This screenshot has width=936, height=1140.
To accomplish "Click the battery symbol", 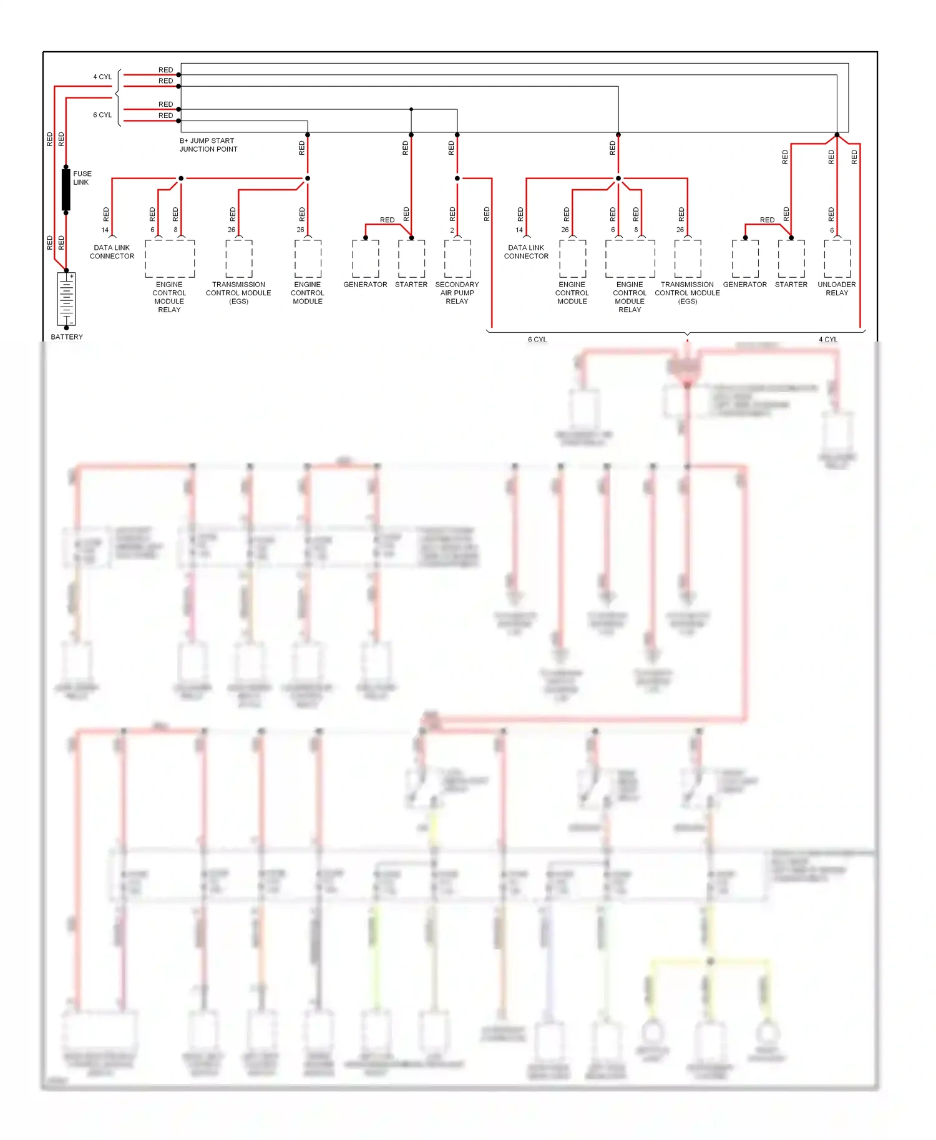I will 66,299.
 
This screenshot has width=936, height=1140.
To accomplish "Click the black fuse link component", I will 66,189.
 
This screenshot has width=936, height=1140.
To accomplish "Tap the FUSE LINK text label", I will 82,178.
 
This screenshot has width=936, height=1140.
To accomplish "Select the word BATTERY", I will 67,337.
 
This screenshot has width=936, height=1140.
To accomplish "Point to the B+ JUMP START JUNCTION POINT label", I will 208,145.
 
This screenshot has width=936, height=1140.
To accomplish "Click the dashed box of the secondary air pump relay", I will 457,259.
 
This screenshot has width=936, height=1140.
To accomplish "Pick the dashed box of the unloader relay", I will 837,259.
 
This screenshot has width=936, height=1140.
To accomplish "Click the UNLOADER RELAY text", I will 837,288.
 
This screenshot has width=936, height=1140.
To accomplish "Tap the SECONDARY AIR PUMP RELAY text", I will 457,293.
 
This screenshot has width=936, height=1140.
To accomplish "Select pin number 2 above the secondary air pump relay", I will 452,230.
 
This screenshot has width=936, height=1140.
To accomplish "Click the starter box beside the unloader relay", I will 791,259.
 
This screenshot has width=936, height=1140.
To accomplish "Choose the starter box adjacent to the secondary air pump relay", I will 411,259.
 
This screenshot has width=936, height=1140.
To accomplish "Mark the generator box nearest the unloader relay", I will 745,259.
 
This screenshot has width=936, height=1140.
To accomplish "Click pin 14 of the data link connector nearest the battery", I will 105,230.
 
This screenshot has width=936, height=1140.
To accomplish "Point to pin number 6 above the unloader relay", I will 832,230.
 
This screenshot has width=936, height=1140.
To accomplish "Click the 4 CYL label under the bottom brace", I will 828,340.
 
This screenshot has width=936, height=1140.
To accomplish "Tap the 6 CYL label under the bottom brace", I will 537,340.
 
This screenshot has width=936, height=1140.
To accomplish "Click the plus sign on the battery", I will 72,276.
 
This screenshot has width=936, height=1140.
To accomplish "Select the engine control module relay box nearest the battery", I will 170,259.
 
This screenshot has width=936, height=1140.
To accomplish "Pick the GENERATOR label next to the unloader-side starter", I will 745,285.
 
